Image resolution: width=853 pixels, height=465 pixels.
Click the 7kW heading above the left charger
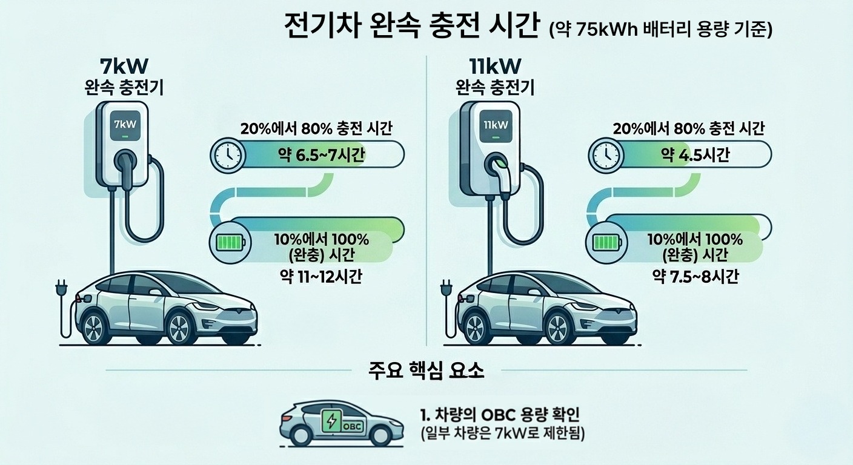[124, 67]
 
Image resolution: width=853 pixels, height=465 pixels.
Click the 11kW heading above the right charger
[495, 67]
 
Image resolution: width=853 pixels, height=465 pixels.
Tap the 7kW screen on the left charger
[125, 125]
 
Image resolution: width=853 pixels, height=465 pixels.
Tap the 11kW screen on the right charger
[496, 125]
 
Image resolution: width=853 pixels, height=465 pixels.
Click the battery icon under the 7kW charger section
[231, 242]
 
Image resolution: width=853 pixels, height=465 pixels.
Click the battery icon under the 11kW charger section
[608, 242]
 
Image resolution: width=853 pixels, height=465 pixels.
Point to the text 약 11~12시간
[320, 277]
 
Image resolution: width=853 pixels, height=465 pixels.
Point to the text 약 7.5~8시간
[695, 277]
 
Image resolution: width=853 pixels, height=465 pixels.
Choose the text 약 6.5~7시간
[322, 155]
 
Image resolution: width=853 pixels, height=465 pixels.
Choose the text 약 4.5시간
[695, 155]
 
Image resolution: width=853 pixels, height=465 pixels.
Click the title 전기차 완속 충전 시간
[412, 26]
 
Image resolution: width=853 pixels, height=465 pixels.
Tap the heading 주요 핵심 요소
[426, 370]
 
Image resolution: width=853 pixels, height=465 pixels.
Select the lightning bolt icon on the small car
[331, 420]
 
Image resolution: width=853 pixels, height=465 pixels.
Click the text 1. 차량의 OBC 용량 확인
[500, 415]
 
